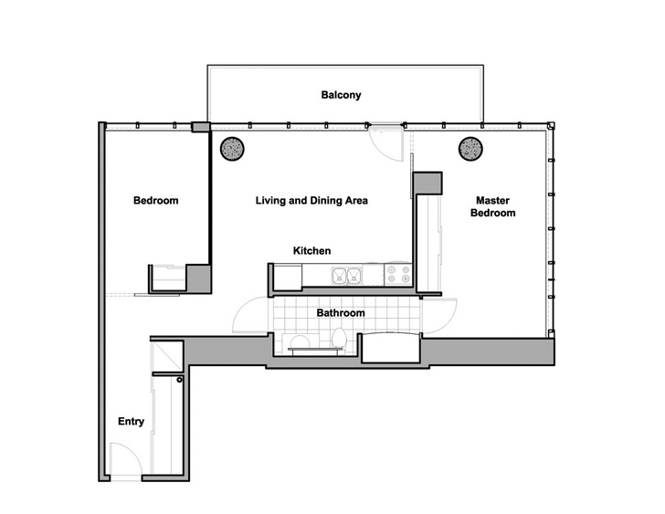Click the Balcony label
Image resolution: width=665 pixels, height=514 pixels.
[x=341, y=95]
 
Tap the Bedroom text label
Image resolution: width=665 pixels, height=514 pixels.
[x=155, y=201]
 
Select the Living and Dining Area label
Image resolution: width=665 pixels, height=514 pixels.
[x=311, y=201]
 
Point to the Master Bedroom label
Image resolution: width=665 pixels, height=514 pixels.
[x=493, y=206]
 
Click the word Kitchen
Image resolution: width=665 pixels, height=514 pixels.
[x=311, y=251]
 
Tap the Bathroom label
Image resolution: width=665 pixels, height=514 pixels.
[x=341, y=313]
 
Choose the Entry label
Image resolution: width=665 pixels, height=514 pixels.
[x=131, y=422]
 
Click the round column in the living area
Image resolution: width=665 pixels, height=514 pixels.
[x=232, y=149]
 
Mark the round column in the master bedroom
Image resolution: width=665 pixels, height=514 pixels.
[x=470, y=149]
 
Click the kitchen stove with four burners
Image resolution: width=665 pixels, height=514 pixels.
[x=398, y=274]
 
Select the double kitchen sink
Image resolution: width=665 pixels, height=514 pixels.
[x=347, y=276]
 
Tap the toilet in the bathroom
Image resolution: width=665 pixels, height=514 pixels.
[x=340, y=339]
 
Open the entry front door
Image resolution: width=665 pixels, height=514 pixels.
[x=126, y=460]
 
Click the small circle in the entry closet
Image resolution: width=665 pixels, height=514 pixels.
[x=179, y=380]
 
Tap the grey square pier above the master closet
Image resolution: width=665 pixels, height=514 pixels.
[x=427, y=184]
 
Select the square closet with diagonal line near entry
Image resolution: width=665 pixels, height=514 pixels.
[x=167, y=356]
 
